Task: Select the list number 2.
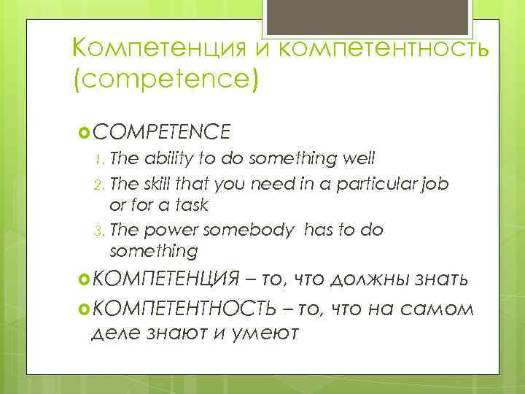coord(100,184)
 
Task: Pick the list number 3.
coord(100,231)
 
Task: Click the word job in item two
coord(435,183)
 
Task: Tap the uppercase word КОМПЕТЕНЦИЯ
coord(166,279)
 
